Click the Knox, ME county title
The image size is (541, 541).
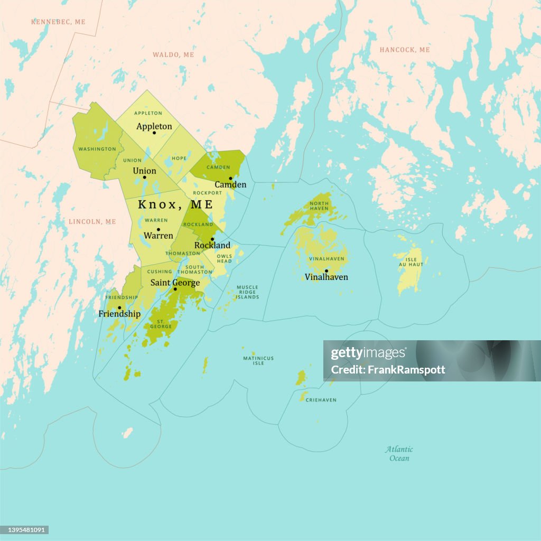click(x=175, y=204)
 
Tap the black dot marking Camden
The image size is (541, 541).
click(x=230, y=178)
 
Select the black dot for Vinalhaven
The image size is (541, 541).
click(x=327, y=271)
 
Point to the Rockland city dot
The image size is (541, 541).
click(x=212, y=239)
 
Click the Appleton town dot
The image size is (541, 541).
click(x=154, y=133)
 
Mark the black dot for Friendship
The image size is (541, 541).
click(x=119, y=307)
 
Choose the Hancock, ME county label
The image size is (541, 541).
click(x=405, y=50)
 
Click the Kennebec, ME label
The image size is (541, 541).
click(x=58, y=22)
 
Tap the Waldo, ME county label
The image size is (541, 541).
click(x=173, y=55)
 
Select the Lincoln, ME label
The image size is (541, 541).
click(x=92, y=221)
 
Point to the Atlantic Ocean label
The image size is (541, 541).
click(x=399, y=454)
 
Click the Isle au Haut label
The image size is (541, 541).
click(x=412, y=262)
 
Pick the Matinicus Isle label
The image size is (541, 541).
click(x=258, y=361)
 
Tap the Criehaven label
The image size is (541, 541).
click(x=321, y=400)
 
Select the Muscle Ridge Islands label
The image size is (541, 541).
click(x=247, y=292)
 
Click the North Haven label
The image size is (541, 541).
click(x=319, y=206)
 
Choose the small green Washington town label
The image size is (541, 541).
click(x=97, y=149)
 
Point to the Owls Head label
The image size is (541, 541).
click(x=224, y=258)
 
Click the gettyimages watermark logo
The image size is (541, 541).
click(x=369, y=353)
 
